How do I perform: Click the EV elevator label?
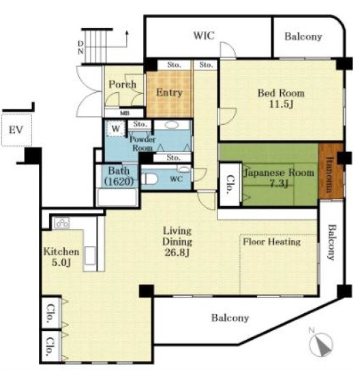[16, 130]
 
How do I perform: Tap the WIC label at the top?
[204, 35]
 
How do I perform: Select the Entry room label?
[169, 92]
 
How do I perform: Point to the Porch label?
[123, 84]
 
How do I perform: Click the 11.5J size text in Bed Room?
[282, 104]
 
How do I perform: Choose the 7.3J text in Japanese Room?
[279, 184]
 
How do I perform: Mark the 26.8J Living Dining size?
[177, 252]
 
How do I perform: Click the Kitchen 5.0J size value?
[61, 263]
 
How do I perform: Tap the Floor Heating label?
[272, 242]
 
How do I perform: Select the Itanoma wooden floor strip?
[331, 171]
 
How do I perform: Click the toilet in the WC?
[149, 179]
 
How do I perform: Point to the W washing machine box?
[116, 128]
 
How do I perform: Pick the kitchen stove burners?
[62, 223]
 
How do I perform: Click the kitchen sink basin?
[90, 256]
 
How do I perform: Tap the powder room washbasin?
[172, 125]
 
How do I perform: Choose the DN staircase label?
[80, 47]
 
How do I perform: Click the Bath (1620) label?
[119, 176]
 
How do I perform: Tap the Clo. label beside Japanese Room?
[230, 184]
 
